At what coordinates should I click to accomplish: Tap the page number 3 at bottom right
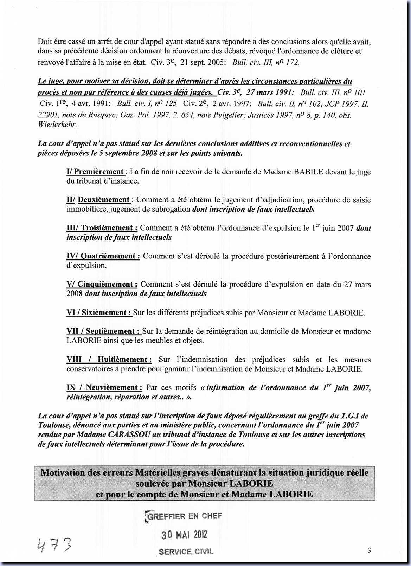coord(369,551)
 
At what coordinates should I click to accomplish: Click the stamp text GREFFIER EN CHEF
coord(184,516)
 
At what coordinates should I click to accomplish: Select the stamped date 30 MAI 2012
coord(185,535)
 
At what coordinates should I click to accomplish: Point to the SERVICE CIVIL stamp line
coord(186,552)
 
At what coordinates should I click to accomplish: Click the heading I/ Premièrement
coord(95,172)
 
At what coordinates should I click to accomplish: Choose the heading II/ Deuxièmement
coord(99,200)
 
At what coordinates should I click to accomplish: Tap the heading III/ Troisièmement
coord(102,228)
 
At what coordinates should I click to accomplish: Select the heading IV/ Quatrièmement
coord(103,256)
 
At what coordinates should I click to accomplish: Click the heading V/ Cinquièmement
coord(102,284)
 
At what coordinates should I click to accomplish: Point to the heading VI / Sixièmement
coord(99,313)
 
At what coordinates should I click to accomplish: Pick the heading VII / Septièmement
coord(104,331)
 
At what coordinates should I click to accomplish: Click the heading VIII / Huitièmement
coord(109,359)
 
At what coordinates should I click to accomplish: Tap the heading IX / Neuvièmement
coord(104,387)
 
